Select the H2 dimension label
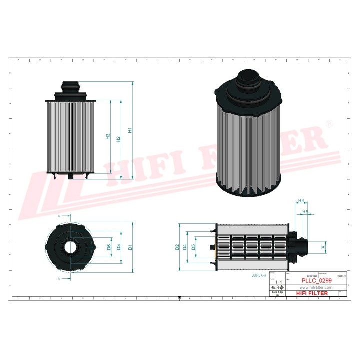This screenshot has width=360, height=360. [x=119, y=139]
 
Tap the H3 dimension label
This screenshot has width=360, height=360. [x=108, y=136]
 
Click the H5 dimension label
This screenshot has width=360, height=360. [x=305, y=212]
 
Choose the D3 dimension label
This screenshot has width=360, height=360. [x=119, y=247]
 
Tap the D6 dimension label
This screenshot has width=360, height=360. [x=109, y=247]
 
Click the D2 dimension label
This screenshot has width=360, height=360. [x=177, y=247]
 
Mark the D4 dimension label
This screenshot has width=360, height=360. [x=185, y=247]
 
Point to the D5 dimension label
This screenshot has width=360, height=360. [x=194, y=247]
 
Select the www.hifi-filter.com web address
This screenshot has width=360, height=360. [x=316, y=288]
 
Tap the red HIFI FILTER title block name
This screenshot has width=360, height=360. [x=313, y=293]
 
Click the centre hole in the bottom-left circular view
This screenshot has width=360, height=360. [x=70, y=247]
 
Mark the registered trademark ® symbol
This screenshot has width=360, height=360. [x=328, y=123]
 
